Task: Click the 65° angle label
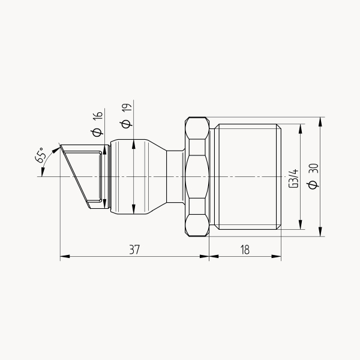tap(40, 155)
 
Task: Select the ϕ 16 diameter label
tap(97, 124)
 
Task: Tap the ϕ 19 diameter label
tap(126, 115)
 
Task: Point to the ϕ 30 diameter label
tap(313, 176)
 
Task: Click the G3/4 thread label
tap(293, 178)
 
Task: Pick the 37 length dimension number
tap(134, 250)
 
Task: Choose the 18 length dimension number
tap(245, 250)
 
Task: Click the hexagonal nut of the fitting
tap(197, 176)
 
